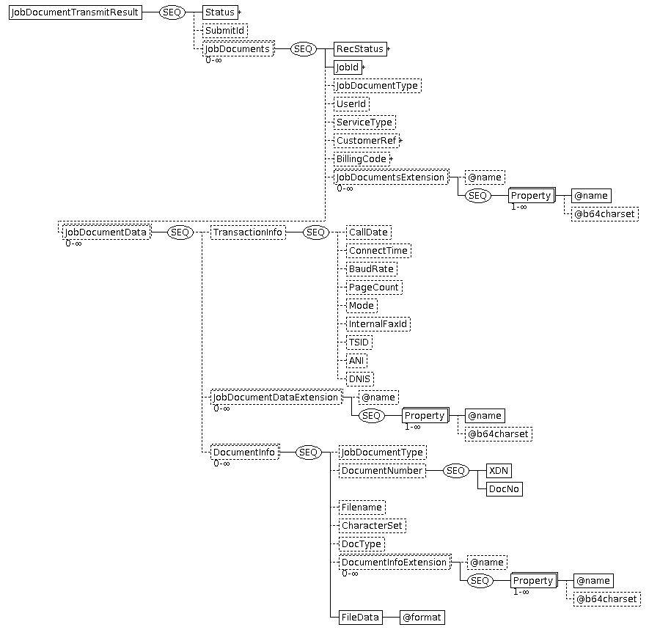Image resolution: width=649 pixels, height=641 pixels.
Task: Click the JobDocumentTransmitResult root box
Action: click(x=76, y=12)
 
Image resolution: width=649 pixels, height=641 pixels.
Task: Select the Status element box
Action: click(x=220, y=12)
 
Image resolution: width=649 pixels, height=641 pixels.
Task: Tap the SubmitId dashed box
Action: click(x=225, y=31)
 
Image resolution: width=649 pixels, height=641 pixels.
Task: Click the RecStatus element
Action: click(x=360, y=49)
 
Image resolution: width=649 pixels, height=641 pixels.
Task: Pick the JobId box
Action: click(x=348, y=67)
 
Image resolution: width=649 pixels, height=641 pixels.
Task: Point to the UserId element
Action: click(x=351, y=104)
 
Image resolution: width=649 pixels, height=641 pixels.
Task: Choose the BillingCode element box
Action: click(x=362, y=159)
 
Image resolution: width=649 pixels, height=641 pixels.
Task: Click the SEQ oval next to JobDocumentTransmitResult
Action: click(x=172, y=12)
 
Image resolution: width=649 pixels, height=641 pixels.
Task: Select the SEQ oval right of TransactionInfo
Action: click(x=316, y=232)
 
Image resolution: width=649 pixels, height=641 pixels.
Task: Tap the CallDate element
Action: click(x=369, y=232)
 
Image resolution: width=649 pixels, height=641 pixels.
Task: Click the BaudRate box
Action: click(x=372, y=269)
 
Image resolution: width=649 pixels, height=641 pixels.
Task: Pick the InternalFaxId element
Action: click(x=378, y=324)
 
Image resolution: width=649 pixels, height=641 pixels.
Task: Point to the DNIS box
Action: click(x=360, y=379)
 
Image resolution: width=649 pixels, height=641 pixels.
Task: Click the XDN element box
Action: click(x=499, y=471)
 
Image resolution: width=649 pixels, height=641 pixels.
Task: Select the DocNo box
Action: click(x=504, y=489)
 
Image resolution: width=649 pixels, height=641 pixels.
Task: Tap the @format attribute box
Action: click(x=422, y=618)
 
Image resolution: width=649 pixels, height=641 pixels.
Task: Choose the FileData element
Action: click(x=361, y=618)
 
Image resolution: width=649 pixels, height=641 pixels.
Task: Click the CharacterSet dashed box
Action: click(x=373, y=526)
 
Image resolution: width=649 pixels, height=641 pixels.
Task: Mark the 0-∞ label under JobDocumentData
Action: click(x=73, y=243)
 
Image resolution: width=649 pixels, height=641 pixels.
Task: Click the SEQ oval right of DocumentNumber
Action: click(x=455, y=471)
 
